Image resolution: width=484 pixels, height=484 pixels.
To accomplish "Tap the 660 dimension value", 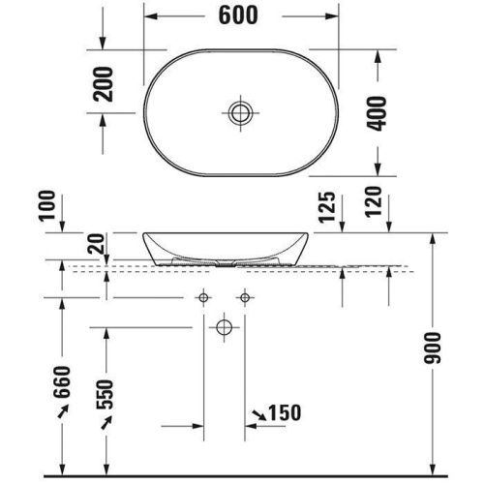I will point(64,392).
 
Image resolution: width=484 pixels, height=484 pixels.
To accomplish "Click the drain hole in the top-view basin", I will point(239,112).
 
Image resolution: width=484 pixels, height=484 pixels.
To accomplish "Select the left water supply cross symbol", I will point(204,295).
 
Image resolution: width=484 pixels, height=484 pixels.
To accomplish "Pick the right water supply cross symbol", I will point(245,295).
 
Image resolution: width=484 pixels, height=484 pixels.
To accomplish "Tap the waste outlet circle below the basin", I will point(225,326).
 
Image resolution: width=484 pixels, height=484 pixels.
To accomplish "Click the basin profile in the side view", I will point(225,248).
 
